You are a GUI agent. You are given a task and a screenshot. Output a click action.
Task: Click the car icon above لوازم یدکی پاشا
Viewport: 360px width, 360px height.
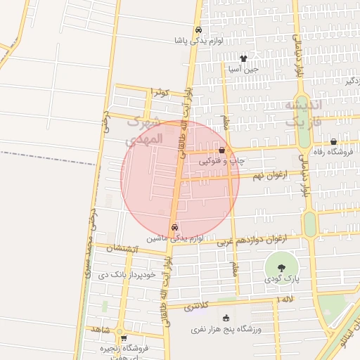pos(199,30)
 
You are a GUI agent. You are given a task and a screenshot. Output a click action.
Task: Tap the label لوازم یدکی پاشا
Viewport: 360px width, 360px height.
pos(199,41)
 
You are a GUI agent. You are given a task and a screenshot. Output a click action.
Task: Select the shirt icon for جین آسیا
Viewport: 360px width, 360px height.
pos(243,59)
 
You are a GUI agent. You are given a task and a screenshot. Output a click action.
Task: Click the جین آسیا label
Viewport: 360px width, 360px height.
pos(243,70)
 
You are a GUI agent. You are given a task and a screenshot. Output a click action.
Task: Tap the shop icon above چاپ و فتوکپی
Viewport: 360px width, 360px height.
pos(222,150)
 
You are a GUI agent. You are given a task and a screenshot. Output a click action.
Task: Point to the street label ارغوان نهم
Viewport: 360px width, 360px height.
pos(246,174)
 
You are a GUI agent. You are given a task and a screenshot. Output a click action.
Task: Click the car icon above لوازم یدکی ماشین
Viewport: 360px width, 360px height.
pos(174,228)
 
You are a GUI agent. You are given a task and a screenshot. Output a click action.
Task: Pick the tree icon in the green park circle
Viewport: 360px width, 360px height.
pos(281,267)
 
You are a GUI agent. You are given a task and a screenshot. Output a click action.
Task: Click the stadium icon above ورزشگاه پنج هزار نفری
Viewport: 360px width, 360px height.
pos(226,319)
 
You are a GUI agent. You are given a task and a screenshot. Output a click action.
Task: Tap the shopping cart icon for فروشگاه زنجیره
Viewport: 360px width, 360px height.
pos(124,338)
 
